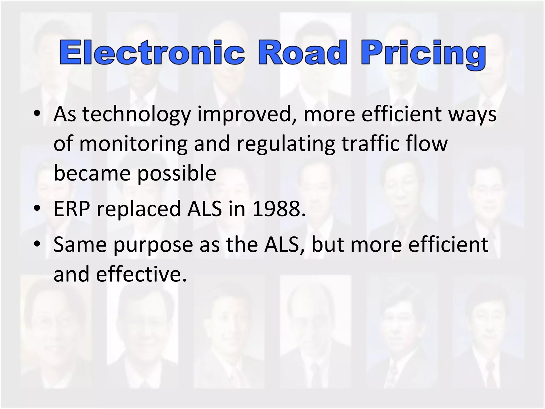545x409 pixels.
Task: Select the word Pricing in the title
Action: pos(423,55)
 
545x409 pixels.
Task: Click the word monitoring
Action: pos(133,144)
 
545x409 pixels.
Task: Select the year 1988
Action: pos(278,209)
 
